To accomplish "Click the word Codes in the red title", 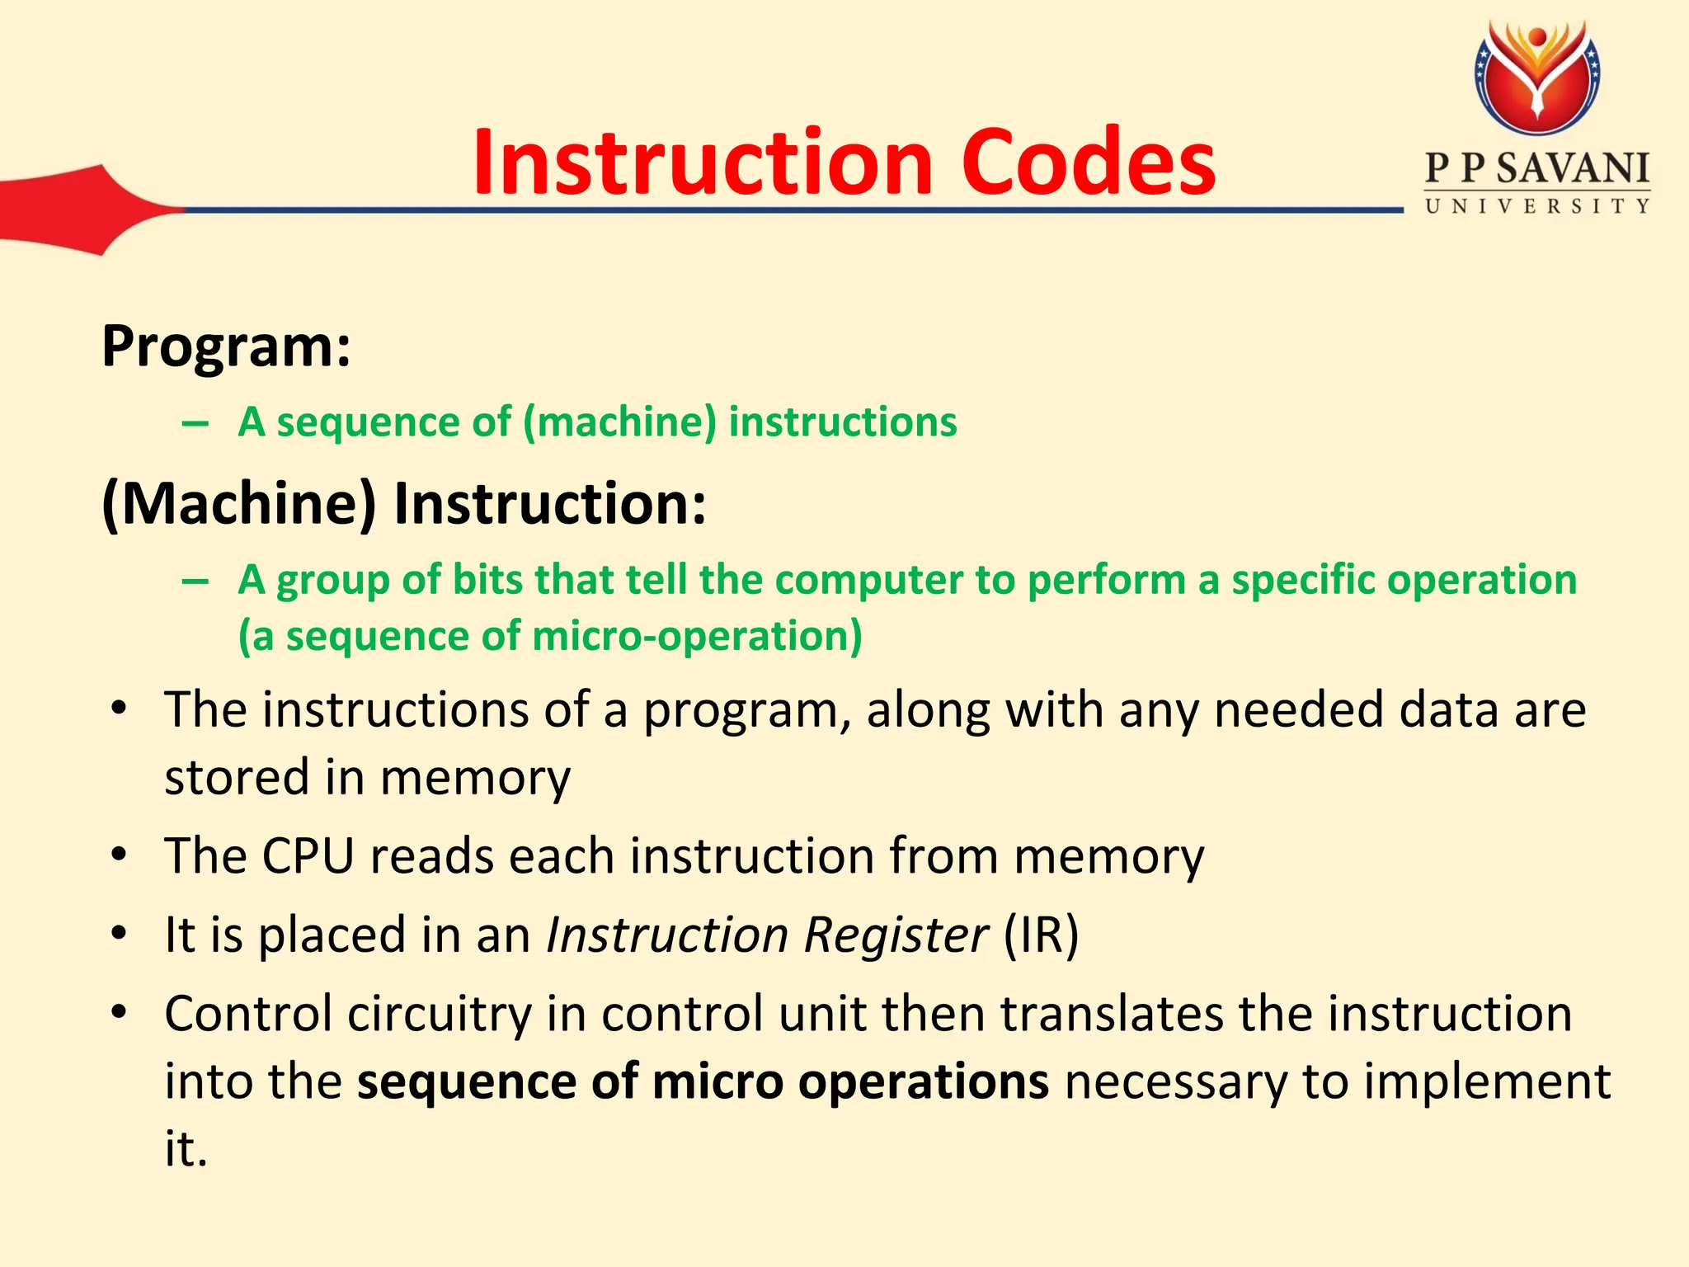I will (1088, 162).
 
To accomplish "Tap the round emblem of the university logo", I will (1537, 78).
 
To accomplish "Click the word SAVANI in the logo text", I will (1573, 169).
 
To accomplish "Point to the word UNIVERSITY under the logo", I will (1537, 206).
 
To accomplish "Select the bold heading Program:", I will (226, 346).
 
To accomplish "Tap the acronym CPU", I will (308, 856).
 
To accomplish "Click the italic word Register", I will (895, 935).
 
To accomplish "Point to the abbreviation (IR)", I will (1041, 935).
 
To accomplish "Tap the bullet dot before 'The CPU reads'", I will (120, 855).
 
